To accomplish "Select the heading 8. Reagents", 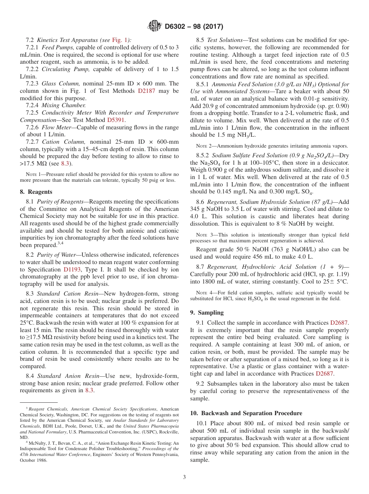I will [x=36, y=191].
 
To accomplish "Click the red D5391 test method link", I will [x=115, y=120].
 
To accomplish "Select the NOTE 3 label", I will [x=204, y=235].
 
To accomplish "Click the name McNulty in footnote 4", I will [x=38, y=442].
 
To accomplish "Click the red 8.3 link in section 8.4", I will [x=89, y=390].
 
